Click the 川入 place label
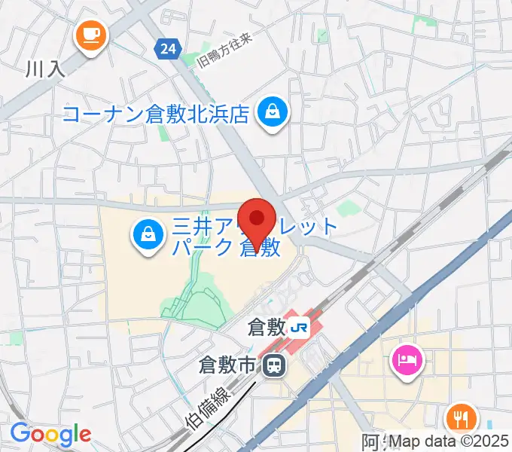(47, 70)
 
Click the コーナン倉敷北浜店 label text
(156, 115)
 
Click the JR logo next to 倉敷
(300, 328)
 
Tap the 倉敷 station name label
(266, 328)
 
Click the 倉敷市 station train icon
(275, 367)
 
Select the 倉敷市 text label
(228, 367)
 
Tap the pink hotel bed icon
(407, 359)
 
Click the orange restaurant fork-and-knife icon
(461, 418)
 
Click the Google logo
(50, 434)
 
